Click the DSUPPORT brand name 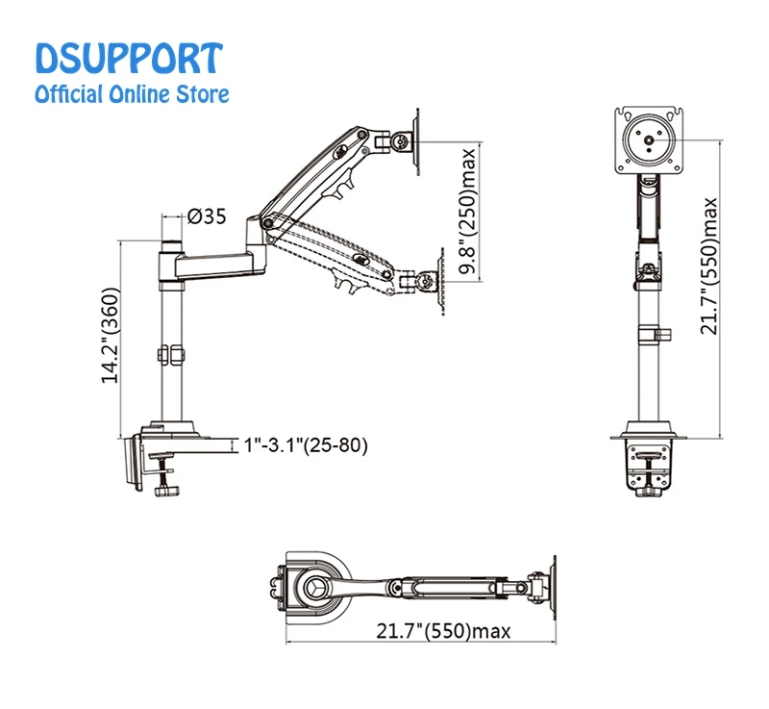click(x=129, y=59)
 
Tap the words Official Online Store click(x=132, y=94)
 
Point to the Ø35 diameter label click(x=207, y=216)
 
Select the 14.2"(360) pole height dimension click(x=111, y=335)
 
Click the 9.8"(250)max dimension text click(x=468, y=211)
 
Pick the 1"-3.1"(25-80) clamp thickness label click(x=306, y=445)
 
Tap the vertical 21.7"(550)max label click(x=708, y=266)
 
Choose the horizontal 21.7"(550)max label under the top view click(x=443, y=630)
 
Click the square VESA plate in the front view click(x=649, y=140)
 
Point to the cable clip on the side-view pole click(x=171, y=355)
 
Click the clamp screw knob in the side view click(x=166, y=491)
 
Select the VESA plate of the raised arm click(x=417, y=141)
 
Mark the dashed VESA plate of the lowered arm click(x=441, y=281)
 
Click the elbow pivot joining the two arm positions click(x=267, y=223)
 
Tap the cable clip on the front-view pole click(x=655, y=335)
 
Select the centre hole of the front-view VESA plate click(x=649, y=140)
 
